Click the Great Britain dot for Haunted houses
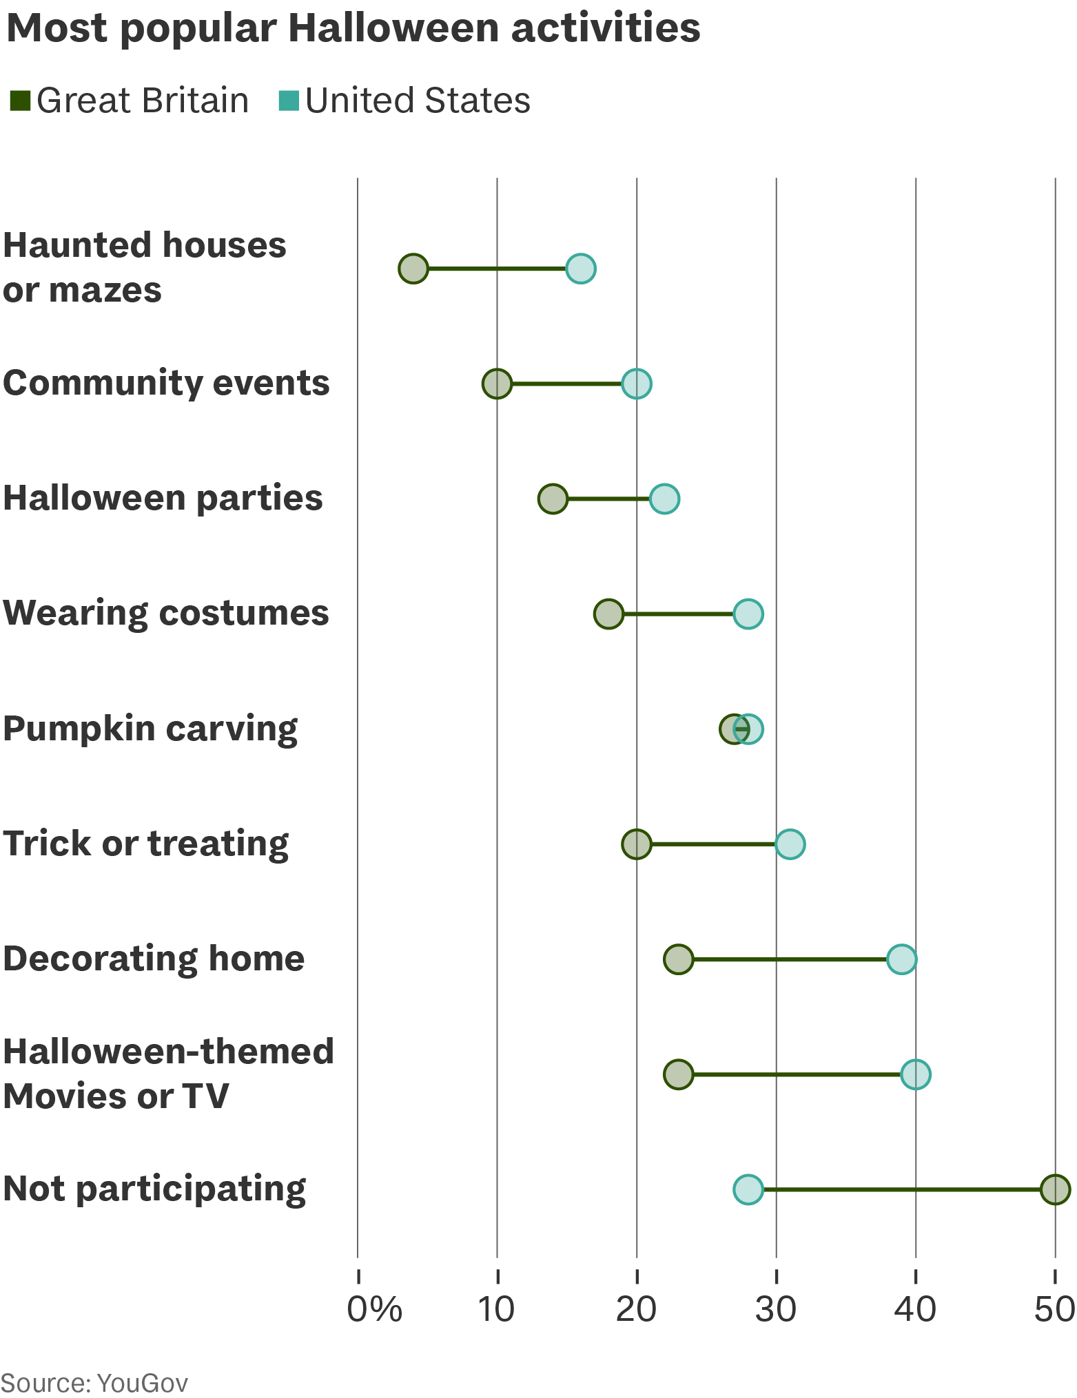click(413, 269)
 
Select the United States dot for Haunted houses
click(581, 269)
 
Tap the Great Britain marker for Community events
click(497, 384)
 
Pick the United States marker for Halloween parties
click(664, 499)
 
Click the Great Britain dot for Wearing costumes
click(608, 614)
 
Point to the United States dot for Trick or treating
click(790, 844)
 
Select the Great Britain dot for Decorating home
click(678, 959)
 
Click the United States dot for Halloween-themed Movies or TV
click(915, 1074)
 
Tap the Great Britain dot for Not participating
click(1055, 1189)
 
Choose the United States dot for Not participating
click(748, 1189)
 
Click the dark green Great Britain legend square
click(20, 101)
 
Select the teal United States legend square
click(289, 101)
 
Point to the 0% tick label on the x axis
click(374, 1310)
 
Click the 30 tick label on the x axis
click(776, 1310)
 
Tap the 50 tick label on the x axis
click(1055, 1310)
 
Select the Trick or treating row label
click(145, 845)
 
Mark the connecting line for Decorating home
click(790, 959)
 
